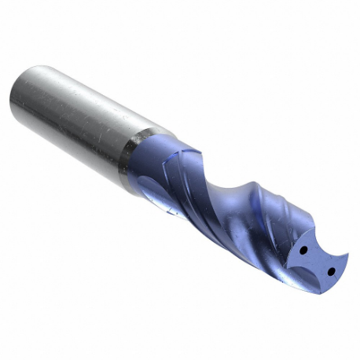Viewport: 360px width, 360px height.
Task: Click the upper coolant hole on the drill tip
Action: tap(302, 250)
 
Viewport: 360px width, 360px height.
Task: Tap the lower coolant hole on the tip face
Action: tap(331, 270)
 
